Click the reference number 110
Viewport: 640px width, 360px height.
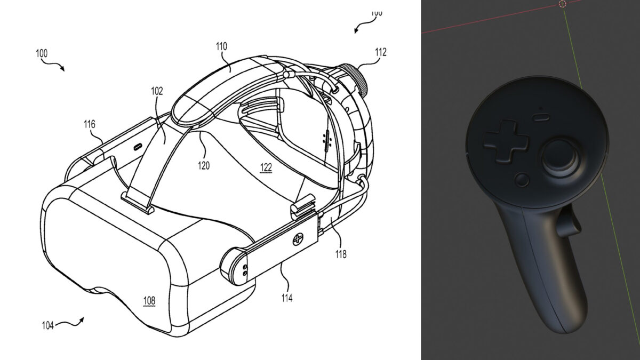click(x=222, y=47)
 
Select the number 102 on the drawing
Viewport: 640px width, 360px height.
click(x=157, y=91)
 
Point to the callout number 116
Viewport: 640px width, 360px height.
click(x=89, y=124)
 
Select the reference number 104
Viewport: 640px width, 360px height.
click(x=47, y=325)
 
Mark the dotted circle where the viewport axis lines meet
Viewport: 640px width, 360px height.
click(x=562, y=4)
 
